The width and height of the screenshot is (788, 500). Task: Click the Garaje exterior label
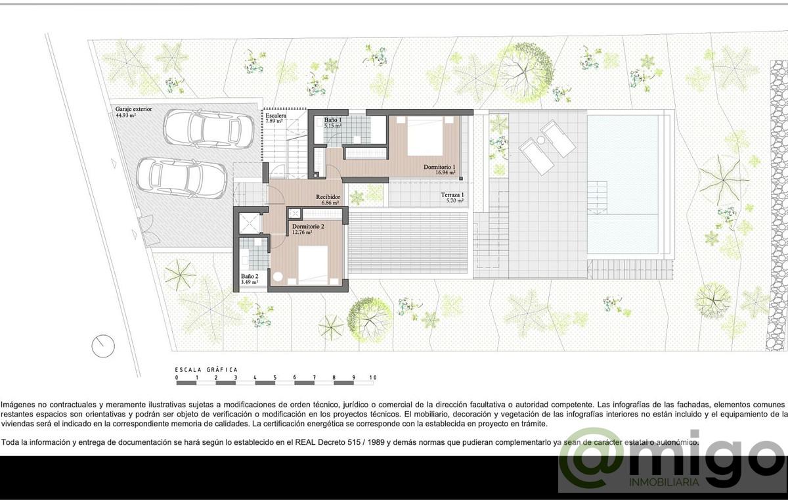pos(133,109)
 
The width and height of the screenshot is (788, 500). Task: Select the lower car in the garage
pos(182,177)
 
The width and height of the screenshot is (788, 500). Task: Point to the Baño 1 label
pos(333,120)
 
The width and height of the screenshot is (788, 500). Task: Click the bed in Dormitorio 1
pos(426,135)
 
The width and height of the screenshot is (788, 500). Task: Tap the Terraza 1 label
pos(452,195)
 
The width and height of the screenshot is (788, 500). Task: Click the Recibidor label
pos(328,196)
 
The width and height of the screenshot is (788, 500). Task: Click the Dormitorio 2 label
pos(309,226)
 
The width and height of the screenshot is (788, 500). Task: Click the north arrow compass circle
pos(103,346)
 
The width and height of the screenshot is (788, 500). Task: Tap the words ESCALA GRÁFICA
pos(206,370)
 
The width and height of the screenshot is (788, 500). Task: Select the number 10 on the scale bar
pos(372,378)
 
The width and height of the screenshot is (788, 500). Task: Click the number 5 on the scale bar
pos(274,378)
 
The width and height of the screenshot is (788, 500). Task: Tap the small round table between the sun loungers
pos(541,140)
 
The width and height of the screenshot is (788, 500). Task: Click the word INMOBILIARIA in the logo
pos(663,483)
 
